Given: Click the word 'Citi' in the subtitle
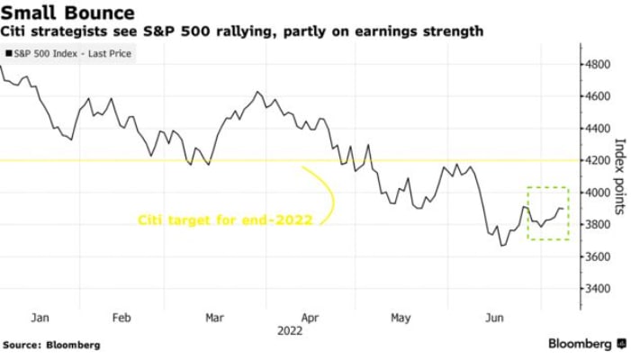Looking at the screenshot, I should click(20, 32).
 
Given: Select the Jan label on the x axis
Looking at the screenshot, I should click(39, 318).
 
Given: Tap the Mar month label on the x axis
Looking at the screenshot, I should click(215, 318).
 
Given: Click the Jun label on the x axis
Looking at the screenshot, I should click(494, 318).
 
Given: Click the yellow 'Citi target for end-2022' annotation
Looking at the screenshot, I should click(225, 219).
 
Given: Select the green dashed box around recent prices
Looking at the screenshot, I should click(547, 212).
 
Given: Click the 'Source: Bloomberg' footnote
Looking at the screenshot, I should click(51, 345).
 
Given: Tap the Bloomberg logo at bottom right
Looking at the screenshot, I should click(586, 344).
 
